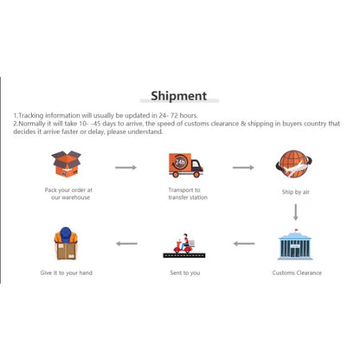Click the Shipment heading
179,96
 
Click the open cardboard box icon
67,164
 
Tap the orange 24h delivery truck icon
186,165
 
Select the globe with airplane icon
293,164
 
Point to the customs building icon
295,245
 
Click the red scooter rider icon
184,246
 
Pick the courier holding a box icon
66,243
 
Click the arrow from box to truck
125,167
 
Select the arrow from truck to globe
243,167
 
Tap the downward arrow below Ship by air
295,212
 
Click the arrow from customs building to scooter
244,244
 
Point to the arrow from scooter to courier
126,244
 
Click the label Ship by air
296,192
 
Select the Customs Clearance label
297,273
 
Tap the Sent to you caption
185,273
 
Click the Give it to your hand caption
67,273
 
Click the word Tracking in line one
31,116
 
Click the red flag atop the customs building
296,230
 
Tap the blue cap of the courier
66,234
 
